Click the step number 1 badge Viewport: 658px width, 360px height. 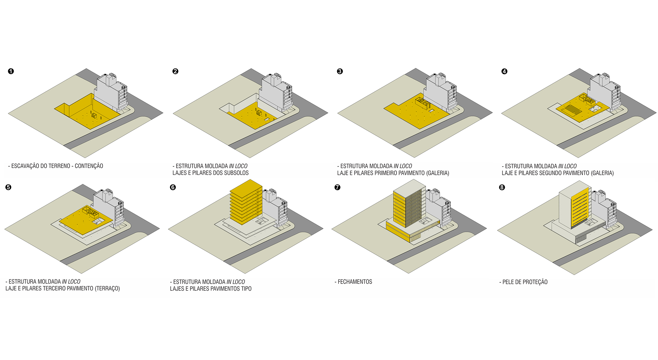11,71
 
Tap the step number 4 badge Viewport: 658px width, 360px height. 504,71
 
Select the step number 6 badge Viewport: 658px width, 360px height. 173,187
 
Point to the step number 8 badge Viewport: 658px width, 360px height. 502,187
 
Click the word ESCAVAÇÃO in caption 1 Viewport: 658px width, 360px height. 25,166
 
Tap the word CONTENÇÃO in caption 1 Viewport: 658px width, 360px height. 89,166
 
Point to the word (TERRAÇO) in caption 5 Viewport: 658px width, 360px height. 107,289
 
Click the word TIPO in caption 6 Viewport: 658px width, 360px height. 246,289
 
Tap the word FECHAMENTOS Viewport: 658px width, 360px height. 355,282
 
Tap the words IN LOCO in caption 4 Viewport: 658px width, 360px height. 568,166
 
